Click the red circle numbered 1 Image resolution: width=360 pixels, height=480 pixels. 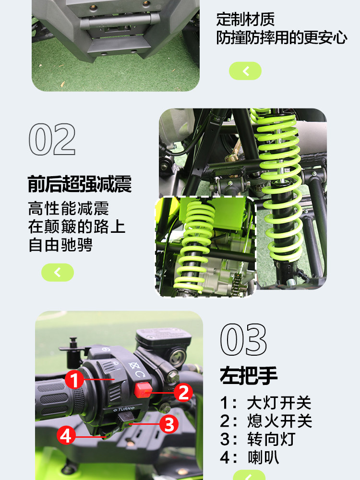pyautogui.click(x=74, y=379)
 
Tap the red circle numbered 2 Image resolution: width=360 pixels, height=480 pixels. pyautogui.click(x=183, y=393)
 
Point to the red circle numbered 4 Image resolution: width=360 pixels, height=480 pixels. pyautogui.click(x=66, y=436)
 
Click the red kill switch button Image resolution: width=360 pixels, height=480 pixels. pyautogui.click(x=143, y=390)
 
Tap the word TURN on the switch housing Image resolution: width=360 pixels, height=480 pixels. pyautogui.click(x=124, y=409)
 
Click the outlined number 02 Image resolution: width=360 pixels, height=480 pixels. pyautogui.click(x=52, y=139)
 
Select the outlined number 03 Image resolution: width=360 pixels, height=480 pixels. pyautogui.click(x=243, y=339)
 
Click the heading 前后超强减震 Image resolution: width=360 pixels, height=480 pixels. pyautogui.click(x=80, y=184)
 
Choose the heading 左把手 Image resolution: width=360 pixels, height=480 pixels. pyautogui.click(x=249, y=375)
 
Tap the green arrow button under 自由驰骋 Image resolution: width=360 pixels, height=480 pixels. pyautogui.click(x=58, y=272)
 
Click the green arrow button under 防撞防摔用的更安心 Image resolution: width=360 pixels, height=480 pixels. pyautogui.click(x=245, y=71)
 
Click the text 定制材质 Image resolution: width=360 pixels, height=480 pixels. pyautogui.click(x=245, y=19)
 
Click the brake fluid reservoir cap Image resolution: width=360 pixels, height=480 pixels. pyautogui.click(x=164, y=337)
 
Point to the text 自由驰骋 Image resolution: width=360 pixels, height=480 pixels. pyautogui.click(x=60, y=245)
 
